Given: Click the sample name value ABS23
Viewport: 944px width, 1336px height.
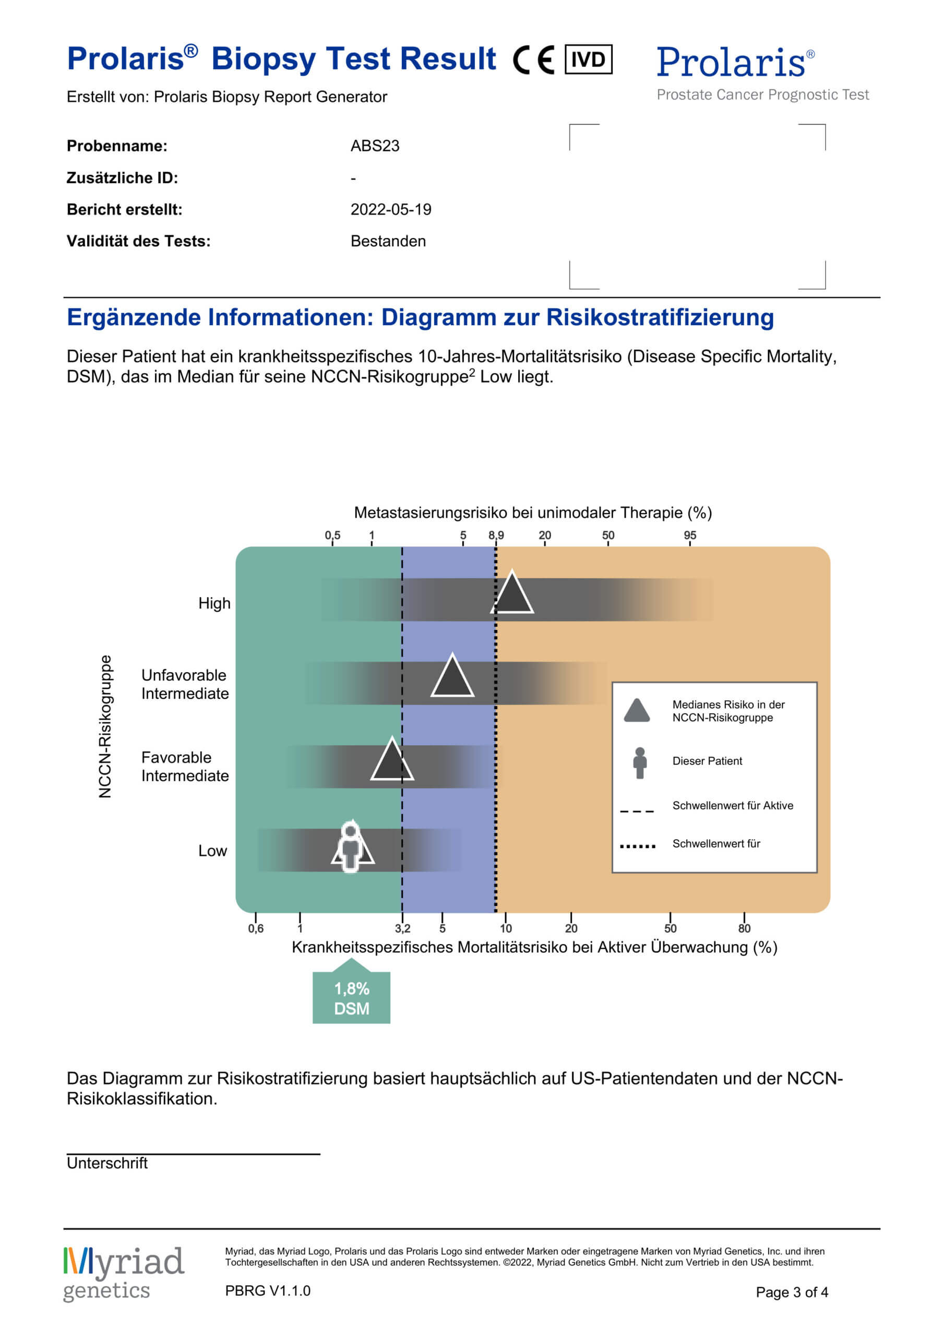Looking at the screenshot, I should [375, 146].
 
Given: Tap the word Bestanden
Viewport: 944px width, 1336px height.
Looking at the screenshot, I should [388, 241].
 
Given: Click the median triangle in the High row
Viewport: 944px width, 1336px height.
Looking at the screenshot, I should [512, 595].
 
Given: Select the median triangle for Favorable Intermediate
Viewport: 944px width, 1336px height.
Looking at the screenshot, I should [392, 762].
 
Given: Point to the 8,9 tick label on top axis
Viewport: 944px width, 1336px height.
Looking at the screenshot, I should [496, 535].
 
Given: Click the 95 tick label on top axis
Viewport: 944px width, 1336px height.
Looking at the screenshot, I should [690, 535].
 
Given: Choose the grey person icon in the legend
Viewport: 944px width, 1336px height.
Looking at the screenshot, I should [640, 763].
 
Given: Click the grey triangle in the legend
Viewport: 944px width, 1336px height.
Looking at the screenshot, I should [637, 711].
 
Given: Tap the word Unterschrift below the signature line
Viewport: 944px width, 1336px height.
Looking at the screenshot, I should [107, 1163].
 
